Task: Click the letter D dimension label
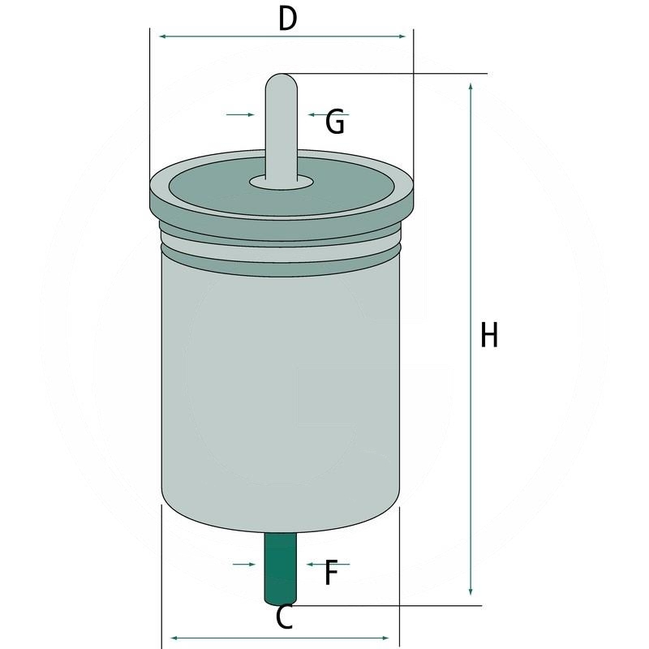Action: click(x=287, y=18)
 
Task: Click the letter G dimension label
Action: click(x=335, y=122)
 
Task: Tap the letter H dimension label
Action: click(x=488, y=334)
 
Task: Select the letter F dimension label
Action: click(x=330, y=574)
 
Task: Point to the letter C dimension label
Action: click(x=284, y=618)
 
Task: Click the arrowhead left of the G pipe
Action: click(x=250, y=115)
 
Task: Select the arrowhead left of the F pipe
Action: click(x=253, y=563)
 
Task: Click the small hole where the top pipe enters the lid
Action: click(x=281, y=182)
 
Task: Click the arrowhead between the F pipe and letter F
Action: click(x=310, y=563)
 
